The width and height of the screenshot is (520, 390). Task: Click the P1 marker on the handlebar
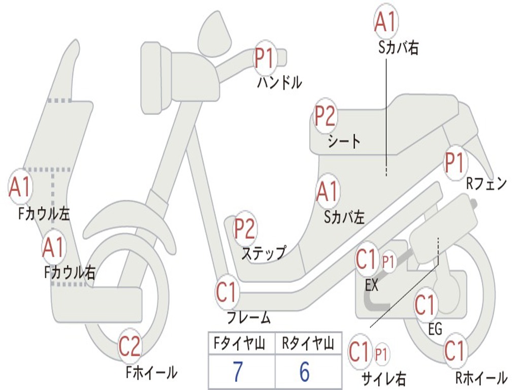(265, 59)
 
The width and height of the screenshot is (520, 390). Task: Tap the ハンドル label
(280, 83)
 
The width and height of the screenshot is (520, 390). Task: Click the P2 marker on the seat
(325, 116)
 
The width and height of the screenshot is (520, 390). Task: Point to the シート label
(344, 142)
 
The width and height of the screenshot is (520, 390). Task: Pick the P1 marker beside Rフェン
(455, 163)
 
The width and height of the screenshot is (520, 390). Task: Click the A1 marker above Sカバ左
(328, 191)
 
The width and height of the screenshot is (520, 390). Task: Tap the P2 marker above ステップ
(245, 229)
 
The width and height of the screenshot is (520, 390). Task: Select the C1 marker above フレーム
(227, 292)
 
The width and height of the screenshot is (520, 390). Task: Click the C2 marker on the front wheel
(129, 346)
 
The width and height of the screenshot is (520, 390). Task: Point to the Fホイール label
(151, 372)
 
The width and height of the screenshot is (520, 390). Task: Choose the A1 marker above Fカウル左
(20, 187)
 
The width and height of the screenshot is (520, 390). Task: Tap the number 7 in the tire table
(238, 371)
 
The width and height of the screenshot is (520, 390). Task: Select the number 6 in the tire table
(305, 371)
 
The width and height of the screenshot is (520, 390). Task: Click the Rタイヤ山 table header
(308, 344)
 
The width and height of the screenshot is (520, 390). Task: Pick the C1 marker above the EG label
(426, 305)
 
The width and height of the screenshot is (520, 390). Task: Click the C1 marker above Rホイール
(455, 351)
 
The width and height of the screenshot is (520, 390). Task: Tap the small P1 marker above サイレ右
(381, 354)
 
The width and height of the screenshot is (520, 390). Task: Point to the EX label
(371, 285)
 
